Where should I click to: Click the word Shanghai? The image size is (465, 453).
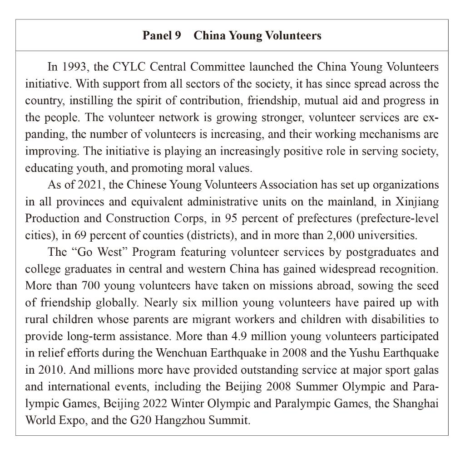tap(418, 403)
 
